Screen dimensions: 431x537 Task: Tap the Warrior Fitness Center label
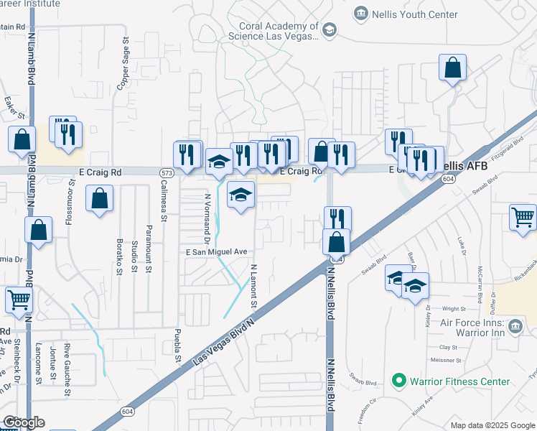coord(459,381)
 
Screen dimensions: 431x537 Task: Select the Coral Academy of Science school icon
coord(329,29)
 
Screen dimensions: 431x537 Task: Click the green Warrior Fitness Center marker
coord(398,381)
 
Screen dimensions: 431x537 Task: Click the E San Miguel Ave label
coord(216,252)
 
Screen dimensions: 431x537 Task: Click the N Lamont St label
coord(253,286)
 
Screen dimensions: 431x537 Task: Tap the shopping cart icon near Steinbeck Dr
coord(19,300)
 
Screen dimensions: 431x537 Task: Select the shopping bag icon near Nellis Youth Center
coord(453,68)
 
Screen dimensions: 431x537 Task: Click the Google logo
coord(24,422)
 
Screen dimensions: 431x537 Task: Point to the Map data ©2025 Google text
coord(493,425)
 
